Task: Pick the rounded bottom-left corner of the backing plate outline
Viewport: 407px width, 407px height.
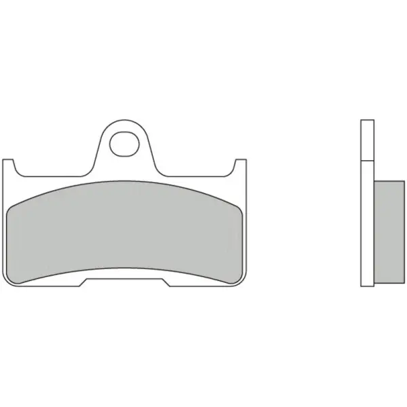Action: pos(5,282)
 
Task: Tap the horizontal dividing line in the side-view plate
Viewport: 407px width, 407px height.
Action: pos(366,161)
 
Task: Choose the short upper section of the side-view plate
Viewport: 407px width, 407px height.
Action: pos(366,140)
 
